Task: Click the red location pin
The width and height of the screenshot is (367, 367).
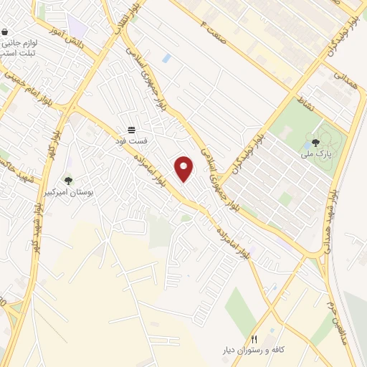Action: (x=184, y=168)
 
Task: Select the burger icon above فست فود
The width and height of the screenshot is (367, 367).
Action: (x=133, y=130)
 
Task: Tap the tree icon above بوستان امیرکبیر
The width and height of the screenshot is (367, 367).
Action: (x=69, y=181)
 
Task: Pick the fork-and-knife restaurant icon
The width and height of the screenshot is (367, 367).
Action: (x=253, y=339)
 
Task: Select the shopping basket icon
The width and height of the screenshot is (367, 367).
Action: (x=6, y=33)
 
